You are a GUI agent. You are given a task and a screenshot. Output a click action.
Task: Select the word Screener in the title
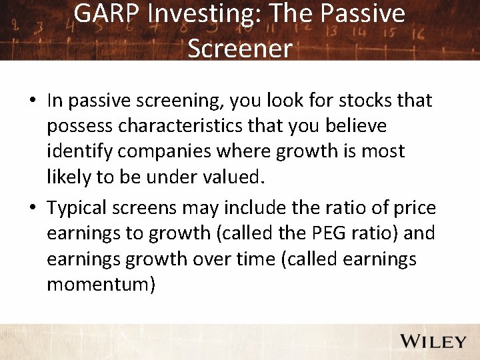240,47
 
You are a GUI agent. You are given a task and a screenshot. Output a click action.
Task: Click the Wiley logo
433,341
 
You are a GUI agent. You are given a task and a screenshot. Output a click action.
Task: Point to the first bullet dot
32,101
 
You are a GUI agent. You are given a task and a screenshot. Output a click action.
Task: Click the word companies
175,151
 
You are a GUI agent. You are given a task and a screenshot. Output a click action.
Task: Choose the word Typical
81,208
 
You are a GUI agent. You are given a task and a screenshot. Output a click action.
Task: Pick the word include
252,208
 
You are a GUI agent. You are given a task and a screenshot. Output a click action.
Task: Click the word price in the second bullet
414,208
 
